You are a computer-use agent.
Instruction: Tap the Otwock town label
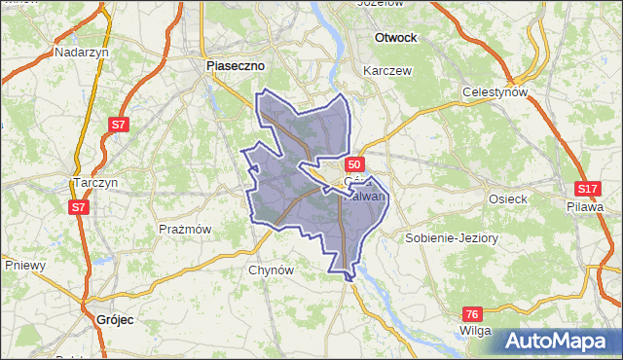[x=395, y=37]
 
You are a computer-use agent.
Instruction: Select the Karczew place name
[x=387, y=71]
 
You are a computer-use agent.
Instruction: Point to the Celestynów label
[x=494, y=92]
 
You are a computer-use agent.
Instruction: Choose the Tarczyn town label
[x=95, y=182]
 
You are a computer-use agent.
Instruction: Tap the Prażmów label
[x=185, y=229]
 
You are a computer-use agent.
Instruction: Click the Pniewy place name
[x=26, y=264]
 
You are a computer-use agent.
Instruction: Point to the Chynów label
[x=272, y=270]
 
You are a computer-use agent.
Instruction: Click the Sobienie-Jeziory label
[x=451, y=237]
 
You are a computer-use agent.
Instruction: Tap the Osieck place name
[x=507, y=198]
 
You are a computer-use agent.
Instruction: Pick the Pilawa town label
[x=585, y=205]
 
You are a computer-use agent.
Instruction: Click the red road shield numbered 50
[x=354, y=164]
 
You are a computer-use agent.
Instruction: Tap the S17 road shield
[x=586, y=189]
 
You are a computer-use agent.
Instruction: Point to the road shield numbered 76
[x=472, y=313]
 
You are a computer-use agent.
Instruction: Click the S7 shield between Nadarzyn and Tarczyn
[x=118, y=125]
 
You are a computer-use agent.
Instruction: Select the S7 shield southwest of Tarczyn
[x=79, y=207]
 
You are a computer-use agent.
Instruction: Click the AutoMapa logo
[x=560, y=340]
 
